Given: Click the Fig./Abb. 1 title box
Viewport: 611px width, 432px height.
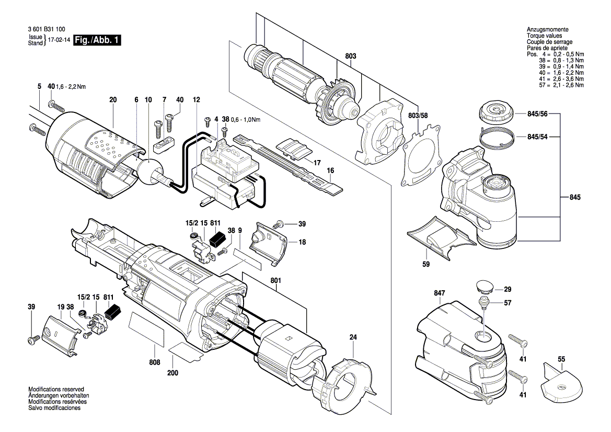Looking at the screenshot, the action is tap(97, 40).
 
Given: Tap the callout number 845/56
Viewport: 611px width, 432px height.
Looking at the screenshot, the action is tap(537, 113).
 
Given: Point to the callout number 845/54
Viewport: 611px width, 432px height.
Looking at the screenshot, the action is tap(537, 137).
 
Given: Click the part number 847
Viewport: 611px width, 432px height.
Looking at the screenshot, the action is tap(439, 293).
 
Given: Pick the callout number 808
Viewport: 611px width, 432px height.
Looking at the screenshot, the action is tap(155, 362).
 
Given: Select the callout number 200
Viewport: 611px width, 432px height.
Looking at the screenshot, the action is tap(172, 373).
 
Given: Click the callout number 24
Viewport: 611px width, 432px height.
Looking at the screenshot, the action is tap(353, 337).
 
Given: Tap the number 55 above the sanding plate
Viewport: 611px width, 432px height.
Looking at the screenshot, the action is tap(561, 359).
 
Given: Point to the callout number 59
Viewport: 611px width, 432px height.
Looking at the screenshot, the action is tap(426, 264).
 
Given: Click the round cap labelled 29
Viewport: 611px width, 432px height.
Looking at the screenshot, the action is tap(485, 287).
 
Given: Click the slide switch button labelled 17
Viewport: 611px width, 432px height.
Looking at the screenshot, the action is tap(294, 149).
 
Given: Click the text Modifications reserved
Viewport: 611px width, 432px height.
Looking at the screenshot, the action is tap(56, 390).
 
